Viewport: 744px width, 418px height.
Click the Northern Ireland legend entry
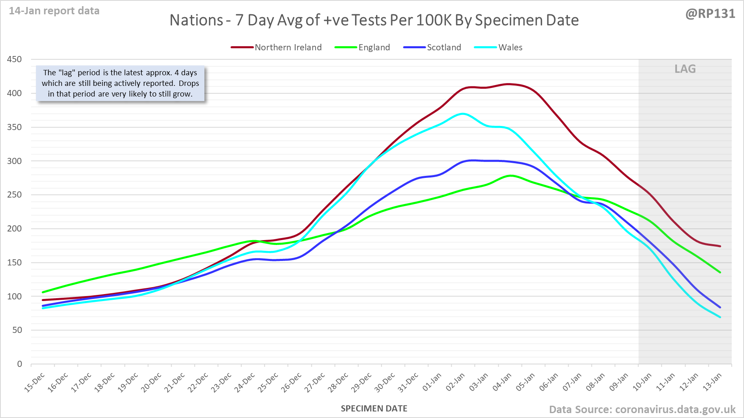(276, 47)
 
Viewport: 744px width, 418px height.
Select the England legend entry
(362, 47)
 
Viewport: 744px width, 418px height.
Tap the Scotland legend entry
(432, 47)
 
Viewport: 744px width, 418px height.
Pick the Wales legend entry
(498, 47)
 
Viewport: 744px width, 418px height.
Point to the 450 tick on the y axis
(15, 59)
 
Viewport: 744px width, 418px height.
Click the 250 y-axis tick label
(15, 195)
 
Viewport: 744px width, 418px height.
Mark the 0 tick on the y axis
(20, 364)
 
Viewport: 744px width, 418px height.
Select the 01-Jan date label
(432, 382)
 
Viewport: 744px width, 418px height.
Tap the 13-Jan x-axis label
(712, 382)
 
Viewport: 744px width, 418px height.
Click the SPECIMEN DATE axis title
(374, 409)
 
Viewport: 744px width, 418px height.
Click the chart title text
(374, 20)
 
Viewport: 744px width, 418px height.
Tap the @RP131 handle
(710, 14)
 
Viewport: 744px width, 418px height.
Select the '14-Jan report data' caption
(54, 11)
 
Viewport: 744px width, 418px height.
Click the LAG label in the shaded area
(685, 69)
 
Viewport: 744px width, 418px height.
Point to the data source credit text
(642, 409)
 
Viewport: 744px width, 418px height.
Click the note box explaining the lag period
(120, 83)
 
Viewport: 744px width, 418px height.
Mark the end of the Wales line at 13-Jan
(720, 317)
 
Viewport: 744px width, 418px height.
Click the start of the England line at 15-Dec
(43, 292)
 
